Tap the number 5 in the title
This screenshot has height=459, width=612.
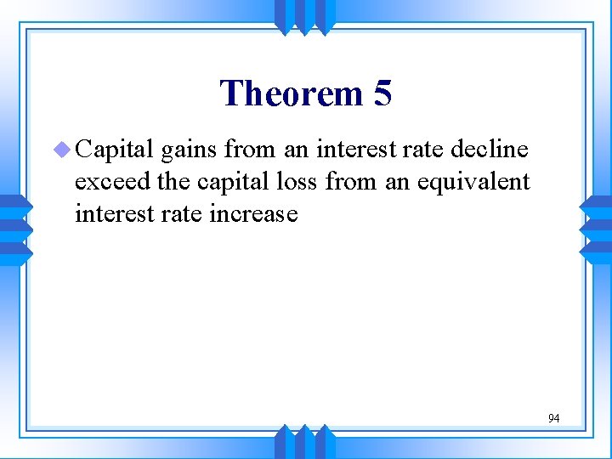(x=382, y=93)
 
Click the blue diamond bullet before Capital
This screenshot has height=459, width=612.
(x=63, y=150)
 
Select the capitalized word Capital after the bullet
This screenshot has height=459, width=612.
(x=114, y=150)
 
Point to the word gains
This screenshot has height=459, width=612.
(x=191, y=151)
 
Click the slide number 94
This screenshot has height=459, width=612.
(x=553, y=418)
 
